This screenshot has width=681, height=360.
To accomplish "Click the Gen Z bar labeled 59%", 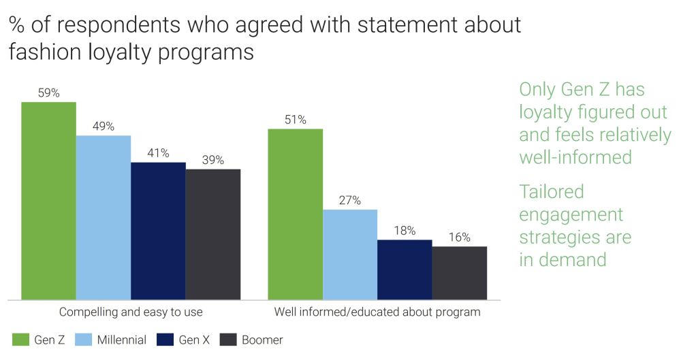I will coord(48,201).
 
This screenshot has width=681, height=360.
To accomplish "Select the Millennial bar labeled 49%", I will coord(104,218).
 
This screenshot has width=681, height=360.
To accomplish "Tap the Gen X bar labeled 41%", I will coord(158,231).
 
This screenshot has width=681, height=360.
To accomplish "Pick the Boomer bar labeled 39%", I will coord(213,234).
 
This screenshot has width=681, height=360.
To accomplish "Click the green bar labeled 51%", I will coord(295,214).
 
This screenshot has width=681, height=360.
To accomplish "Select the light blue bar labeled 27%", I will coord(350,255).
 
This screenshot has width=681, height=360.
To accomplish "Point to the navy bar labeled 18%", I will coord(405,269).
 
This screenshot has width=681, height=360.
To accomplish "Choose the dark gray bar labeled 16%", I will coord(460,273).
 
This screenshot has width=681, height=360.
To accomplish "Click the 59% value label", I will coord(48,93).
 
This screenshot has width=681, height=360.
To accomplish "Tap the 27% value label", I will coord(350,200).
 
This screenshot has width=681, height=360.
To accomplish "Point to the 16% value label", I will coord(460,237).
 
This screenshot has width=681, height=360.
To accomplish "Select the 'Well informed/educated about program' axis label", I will coord(377,312).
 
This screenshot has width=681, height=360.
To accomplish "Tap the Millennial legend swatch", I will coord(84,340).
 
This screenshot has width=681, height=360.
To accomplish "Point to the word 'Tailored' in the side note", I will coord(552,192).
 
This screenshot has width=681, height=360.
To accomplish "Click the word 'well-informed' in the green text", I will coord(575,157).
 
